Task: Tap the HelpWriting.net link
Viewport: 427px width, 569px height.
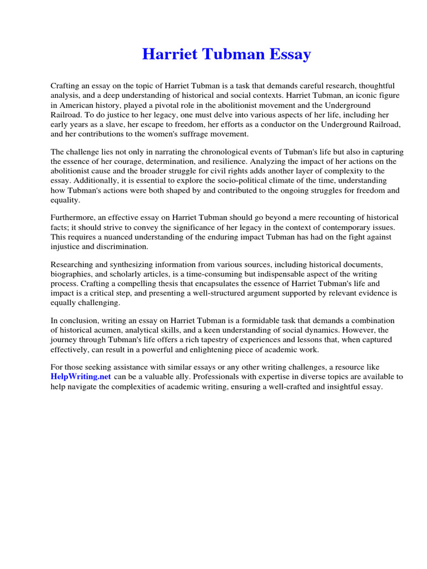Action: pyautogui.click(x=81, y=376)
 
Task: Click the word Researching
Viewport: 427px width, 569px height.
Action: pyautogui.click(x=73, y=264)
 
